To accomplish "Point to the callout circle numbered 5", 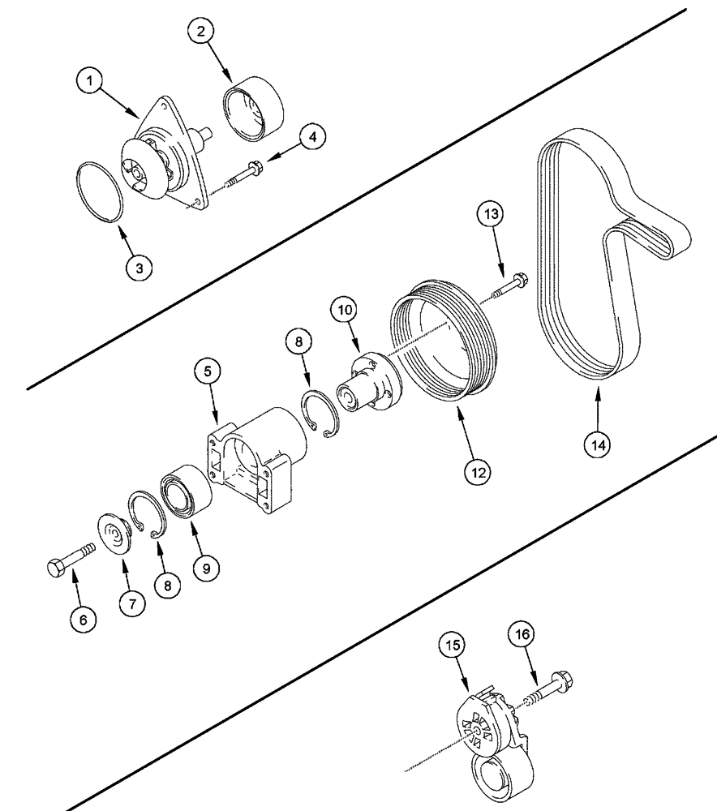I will (x=208, y=372).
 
